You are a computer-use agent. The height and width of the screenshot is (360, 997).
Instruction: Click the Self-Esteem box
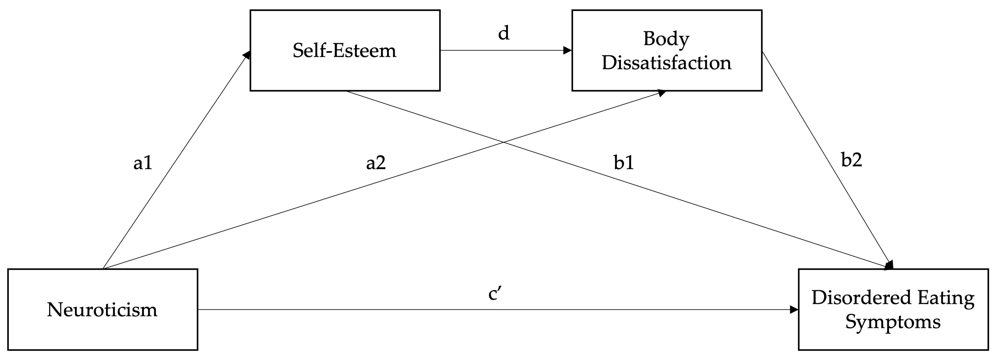345,50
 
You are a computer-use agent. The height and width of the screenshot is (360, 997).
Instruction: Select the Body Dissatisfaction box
667,50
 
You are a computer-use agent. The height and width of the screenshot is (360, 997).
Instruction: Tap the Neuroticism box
103,310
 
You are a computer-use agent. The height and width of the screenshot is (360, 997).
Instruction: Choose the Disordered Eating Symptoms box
893,310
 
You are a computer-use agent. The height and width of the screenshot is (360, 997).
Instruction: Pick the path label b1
624,163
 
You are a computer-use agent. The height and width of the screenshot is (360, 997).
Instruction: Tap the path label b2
851,159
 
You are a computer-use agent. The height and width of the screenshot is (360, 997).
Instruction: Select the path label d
503,33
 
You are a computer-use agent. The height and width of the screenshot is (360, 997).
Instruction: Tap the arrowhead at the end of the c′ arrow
794,310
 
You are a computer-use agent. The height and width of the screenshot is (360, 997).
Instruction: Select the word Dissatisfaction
667,63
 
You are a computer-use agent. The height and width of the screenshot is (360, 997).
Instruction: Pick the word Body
666,39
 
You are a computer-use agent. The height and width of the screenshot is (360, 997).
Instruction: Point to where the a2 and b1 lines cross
503,142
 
